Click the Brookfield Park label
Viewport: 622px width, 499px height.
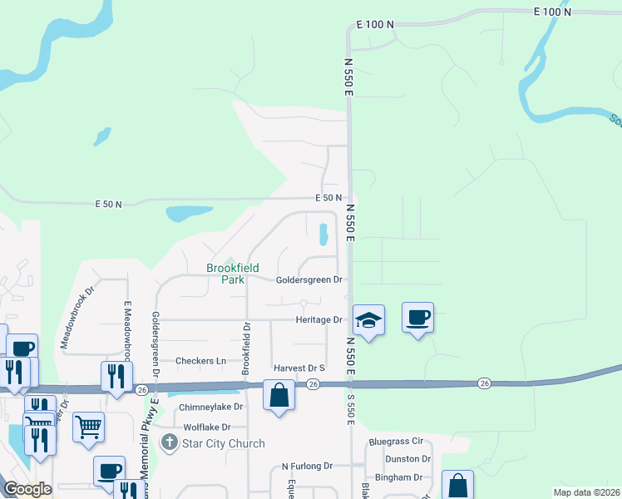pyautogui.click(x=233, y=274)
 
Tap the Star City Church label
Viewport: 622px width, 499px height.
pyautogui.click(x=223, y=443)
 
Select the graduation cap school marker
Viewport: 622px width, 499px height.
pyautogui.click(x=368, y=319)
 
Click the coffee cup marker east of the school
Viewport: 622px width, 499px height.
pyautogui.click(x=417, y=317)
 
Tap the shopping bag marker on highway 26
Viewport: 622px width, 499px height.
pyautogui.click(x=279, y=395)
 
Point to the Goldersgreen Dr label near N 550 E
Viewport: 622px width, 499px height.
pyautogui.click(x=309, y=280)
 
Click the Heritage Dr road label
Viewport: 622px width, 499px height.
pyautogui.click(x=319, y=319)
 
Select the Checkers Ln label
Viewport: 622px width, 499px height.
pyautogui.click(x=200, y=361)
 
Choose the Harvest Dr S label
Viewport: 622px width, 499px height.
pyautogui.click(x=299, y=368)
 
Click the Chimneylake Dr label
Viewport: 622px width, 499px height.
pyautogui.click(x=211, y=407)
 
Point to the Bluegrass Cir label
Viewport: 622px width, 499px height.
pyautogui.click(x=397, y=440)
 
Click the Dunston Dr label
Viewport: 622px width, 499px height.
pyautogui.click(x=407, y=458)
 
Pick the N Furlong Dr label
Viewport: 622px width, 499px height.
pyautogui.click(x=307, y=467)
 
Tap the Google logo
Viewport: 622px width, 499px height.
pyautogui.click(x=27, y=489)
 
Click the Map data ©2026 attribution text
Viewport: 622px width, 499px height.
pyautogui.click(x=586, y=492)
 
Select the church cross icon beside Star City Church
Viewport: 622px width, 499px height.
pyautogui.click(x=170, y=443)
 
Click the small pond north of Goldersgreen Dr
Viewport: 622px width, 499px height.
pyautogui.click(x=323, y=235)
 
